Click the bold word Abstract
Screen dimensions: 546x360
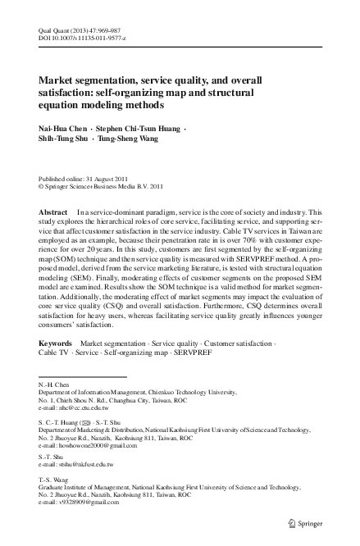(x=54, y=212)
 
